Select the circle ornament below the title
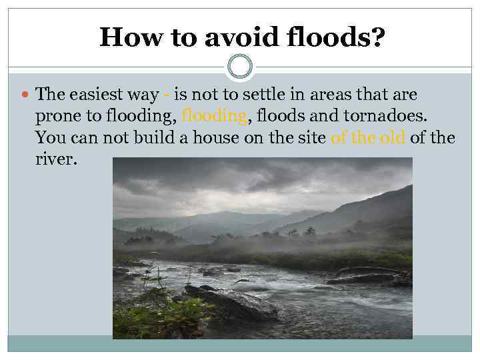[x=240, y=67]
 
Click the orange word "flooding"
[x=213, y=116]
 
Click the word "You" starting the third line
[x=50, y=138]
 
